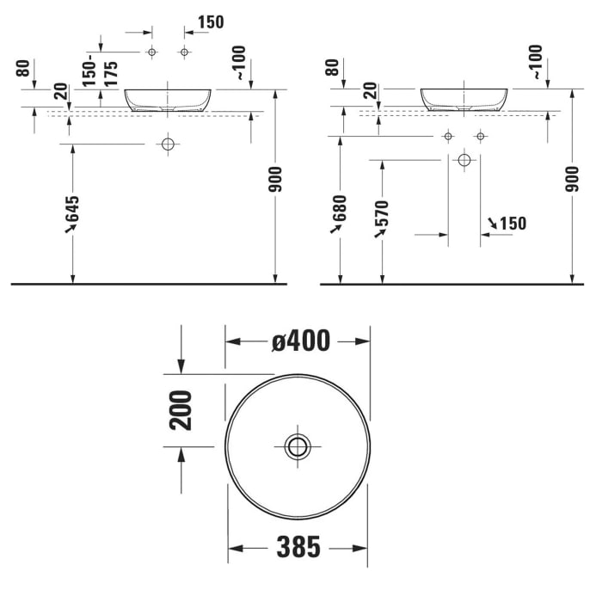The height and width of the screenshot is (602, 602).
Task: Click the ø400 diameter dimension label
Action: tap(300, 341)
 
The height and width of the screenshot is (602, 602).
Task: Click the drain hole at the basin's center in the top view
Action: tap(298, 445)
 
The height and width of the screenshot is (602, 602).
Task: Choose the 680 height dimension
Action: tap(341, 214)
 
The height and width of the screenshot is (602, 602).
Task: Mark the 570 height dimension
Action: tap(382, 218)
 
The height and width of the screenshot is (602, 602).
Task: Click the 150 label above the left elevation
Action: tap(211, 21)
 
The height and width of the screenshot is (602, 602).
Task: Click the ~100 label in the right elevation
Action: tap(536, 63)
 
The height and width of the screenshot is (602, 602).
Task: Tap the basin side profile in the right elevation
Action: tap(464, 100)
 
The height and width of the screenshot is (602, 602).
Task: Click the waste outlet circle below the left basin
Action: tap(168, 144)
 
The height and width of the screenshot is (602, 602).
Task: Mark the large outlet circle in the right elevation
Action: tap(464, 159)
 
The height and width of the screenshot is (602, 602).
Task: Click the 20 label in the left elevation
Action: tap(60, 92)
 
